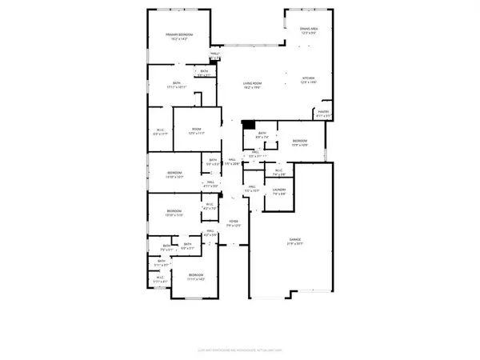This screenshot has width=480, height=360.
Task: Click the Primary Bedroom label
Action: click(x=179, y=34)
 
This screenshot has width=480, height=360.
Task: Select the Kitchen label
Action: click(x=310, y=78)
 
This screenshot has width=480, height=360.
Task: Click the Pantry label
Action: click(x=324, y=112)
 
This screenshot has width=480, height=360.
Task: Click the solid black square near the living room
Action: click(x=249, y=125)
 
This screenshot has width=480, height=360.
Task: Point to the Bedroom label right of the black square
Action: click(x=300, y=141)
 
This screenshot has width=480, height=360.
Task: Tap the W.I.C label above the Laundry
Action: click(x=279, y=170)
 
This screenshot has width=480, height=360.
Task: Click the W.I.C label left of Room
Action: click(x=160, y=131)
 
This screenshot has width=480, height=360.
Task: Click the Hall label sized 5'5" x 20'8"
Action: click(x=231, y=162)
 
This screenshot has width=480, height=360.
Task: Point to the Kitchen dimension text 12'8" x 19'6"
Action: click(x=310, y=82)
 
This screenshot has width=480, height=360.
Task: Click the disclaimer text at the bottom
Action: click(x=239, y=350)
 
